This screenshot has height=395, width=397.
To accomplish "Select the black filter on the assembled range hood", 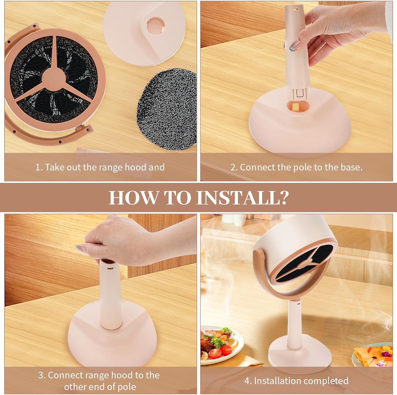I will pos(302,267).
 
